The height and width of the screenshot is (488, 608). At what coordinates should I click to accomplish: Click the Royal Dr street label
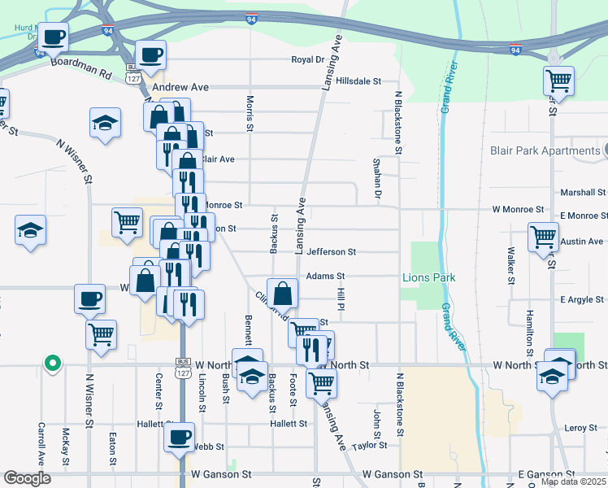pos(308,60)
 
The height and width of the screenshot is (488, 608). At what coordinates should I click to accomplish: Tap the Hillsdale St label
pos(358,81)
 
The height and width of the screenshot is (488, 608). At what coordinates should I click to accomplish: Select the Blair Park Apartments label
pos(545,150)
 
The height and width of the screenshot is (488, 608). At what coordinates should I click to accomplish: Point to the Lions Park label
pos(429,278)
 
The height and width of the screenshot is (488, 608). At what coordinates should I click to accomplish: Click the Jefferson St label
pos(332,252)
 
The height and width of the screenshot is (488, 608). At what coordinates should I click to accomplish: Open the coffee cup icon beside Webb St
pos(179,438)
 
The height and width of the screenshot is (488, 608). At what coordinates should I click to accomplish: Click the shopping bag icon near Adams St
pos(282,294)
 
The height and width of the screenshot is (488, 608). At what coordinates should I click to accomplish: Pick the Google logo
pos(27,479)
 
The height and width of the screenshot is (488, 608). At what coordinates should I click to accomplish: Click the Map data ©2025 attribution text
pos(573,481)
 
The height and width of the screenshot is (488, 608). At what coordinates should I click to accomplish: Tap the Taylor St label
pos(369,446)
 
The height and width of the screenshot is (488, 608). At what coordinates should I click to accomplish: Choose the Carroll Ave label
pos(40,440)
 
